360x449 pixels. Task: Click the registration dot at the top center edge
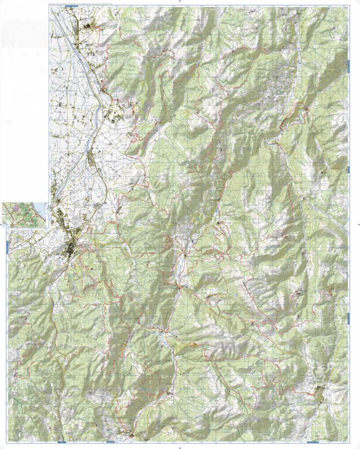pos(180,2)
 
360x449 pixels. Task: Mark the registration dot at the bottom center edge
pos(180,447)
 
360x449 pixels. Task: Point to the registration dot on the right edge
pos(357,225)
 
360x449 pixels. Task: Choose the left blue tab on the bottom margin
pos(62,442)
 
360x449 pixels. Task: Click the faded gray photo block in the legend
pos(24,35)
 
